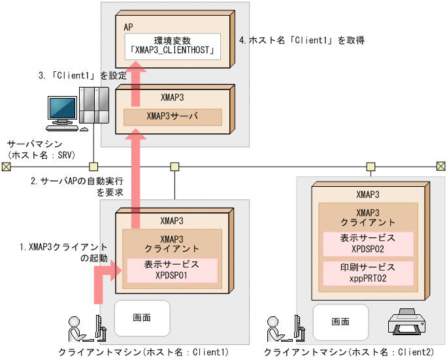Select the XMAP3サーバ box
click(x=173, y=118)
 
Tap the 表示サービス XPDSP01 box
click(x=171, y=270)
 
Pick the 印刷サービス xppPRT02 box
click(x=368, y=273)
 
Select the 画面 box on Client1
click(x=142, y=318)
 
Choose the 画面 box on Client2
click(x=340, y=321)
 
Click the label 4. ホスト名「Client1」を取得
click(x=301, y=41)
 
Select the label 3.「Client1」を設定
click(x=81, y=76)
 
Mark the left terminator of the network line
click(x=6, y=166)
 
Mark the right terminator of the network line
click(x=441, y=166)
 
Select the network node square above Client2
click(x=371, y=166)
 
